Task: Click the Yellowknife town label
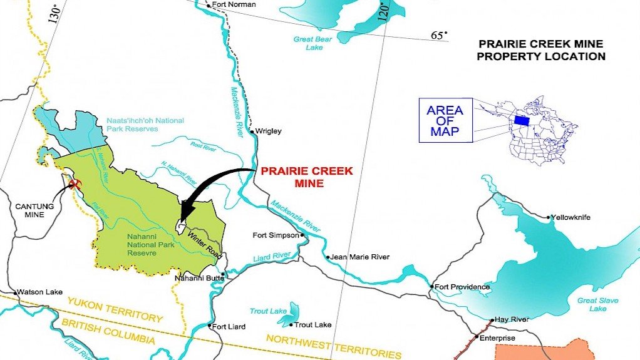click(572, 217)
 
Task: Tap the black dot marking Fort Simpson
click(302, 235)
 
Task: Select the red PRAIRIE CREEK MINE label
click(307, 177)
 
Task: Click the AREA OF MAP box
click(445, 120)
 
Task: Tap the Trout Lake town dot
click(291, 324)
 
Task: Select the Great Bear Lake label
click(311, 43)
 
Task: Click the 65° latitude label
click(439, 35)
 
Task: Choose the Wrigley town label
click(270, 131)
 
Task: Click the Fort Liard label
click(229, 326)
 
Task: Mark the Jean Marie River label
click(361, 257)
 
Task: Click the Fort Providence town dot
click(431, 287)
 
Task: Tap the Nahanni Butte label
click(196, 277)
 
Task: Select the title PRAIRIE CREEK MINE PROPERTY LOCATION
click(540, 50)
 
